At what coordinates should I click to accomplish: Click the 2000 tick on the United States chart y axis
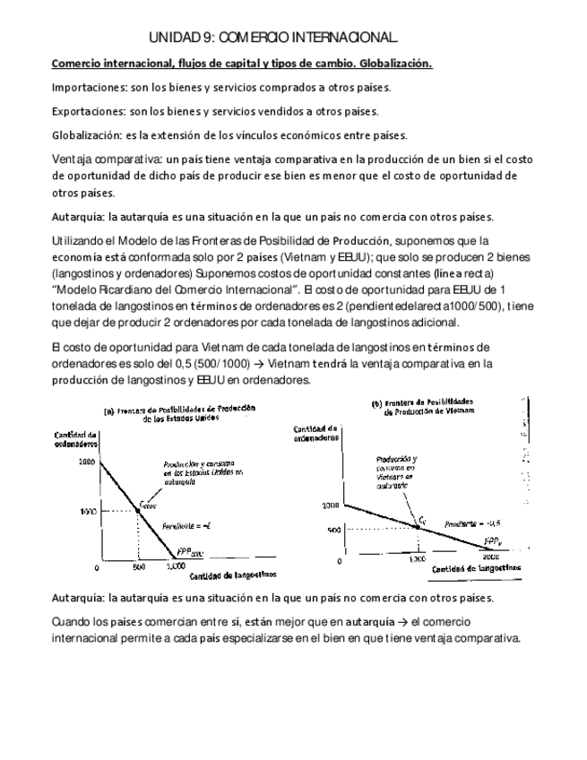[x=86, y=462]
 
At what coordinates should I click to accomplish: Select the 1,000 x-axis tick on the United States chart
[x=176, y=568]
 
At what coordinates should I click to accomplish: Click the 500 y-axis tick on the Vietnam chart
[x=332, y=530]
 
